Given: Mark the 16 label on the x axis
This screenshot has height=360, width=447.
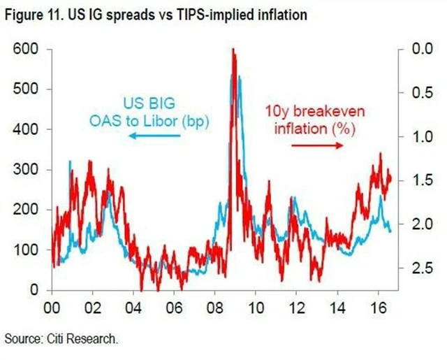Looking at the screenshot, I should coord(378,308).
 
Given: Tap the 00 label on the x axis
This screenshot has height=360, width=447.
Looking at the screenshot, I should coord(51,308).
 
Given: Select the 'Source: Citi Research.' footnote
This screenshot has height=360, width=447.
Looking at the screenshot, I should coord(61,339).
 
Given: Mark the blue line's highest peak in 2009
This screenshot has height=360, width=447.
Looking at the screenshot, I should coord(240,77).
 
